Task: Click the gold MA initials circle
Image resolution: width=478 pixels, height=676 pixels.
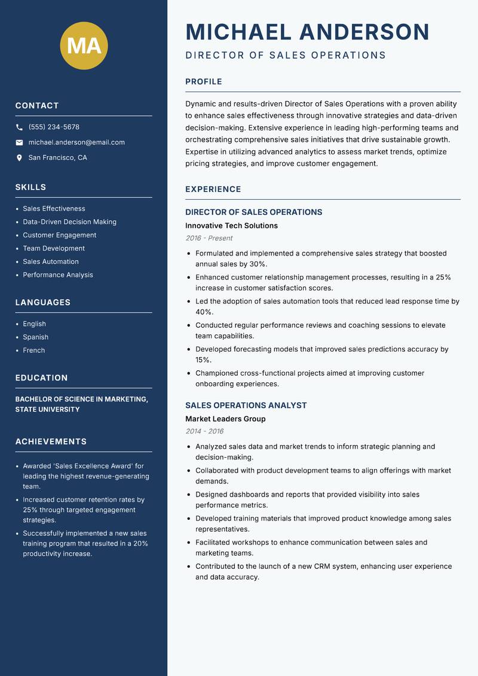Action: click(x=84, y=45)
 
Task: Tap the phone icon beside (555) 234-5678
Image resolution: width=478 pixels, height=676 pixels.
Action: click(x=19, y=127)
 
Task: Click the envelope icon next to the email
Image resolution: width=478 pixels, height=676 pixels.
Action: click(x=19, y=142)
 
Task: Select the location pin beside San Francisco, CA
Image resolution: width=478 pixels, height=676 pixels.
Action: click(x=19, y=158)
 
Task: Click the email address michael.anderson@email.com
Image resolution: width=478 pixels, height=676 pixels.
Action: click(x=76, y=142)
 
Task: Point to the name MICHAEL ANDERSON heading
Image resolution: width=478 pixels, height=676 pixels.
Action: click(x=307, y=32)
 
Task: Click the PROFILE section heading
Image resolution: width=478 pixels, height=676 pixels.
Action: click(x=203, y=82)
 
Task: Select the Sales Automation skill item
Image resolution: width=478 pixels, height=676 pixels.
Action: click(x=51, y=261)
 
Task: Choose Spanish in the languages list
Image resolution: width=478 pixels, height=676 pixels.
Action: click(x=35, y=337)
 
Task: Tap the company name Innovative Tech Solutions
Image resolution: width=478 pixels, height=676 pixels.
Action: click(x=231, y=226)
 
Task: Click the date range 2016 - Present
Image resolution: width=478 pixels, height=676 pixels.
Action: click(x=209, y=238)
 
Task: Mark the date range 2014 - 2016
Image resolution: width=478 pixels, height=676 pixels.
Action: click(x=204, y=431)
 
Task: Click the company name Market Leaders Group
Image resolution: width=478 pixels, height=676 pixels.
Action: click(x=225, y=419)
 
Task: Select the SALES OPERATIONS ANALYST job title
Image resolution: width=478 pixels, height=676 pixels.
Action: click(x=246, y=406)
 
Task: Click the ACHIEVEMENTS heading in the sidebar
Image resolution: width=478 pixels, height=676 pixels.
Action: click(x=51, y=441)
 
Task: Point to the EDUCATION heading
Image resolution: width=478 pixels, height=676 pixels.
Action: click(x=41, y=378)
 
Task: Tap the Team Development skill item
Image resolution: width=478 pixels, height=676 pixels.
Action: click(x=54, y=248)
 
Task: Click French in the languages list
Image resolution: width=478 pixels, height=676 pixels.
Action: click(x=33, y=350)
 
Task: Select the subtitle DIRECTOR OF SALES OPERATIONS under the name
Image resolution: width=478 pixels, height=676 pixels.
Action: click(x=286, y=56)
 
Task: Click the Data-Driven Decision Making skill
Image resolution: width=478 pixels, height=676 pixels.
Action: click(x=69, y=222)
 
